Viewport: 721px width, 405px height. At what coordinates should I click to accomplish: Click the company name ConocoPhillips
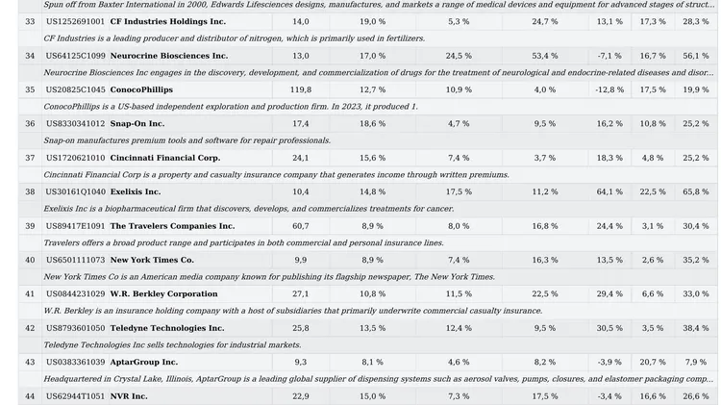[141, 89]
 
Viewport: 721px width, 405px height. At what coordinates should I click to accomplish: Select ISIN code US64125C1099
[75, 56]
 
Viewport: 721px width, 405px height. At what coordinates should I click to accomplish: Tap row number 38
[30, 191]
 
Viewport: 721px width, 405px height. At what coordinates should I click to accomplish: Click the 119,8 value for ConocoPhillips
[301, 89]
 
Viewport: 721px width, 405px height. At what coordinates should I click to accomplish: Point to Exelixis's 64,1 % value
[609, 191]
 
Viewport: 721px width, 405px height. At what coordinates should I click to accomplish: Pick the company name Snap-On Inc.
[137, 124]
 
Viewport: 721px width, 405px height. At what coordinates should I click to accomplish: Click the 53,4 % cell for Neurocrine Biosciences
[545, 56]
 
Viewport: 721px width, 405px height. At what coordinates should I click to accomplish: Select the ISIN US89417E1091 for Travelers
[75, 226]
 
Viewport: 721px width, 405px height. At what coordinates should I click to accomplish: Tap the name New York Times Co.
[152, 260]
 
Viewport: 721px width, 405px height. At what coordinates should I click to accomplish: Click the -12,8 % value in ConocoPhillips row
[609, 89]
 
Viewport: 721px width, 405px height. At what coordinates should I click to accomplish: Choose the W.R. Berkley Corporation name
[163, 294]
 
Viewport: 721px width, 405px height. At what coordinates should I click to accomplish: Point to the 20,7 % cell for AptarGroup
[653, 363]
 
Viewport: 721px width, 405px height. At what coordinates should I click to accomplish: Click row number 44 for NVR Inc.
[30, 396]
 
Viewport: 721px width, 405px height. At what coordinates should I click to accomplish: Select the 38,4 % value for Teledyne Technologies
[696, 328]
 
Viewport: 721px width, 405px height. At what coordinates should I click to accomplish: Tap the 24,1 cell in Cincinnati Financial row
[301, 158]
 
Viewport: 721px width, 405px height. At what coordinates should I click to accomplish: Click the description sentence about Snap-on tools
[187, 140]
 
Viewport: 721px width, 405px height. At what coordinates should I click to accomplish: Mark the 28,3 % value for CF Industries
[696, 21]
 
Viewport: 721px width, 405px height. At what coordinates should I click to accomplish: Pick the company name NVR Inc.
[129, 396]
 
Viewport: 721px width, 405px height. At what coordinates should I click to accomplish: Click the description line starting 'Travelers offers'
[244, 243]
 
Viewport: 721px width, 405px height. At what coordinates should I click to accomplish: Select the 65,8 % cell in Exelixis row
[696, 191]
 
